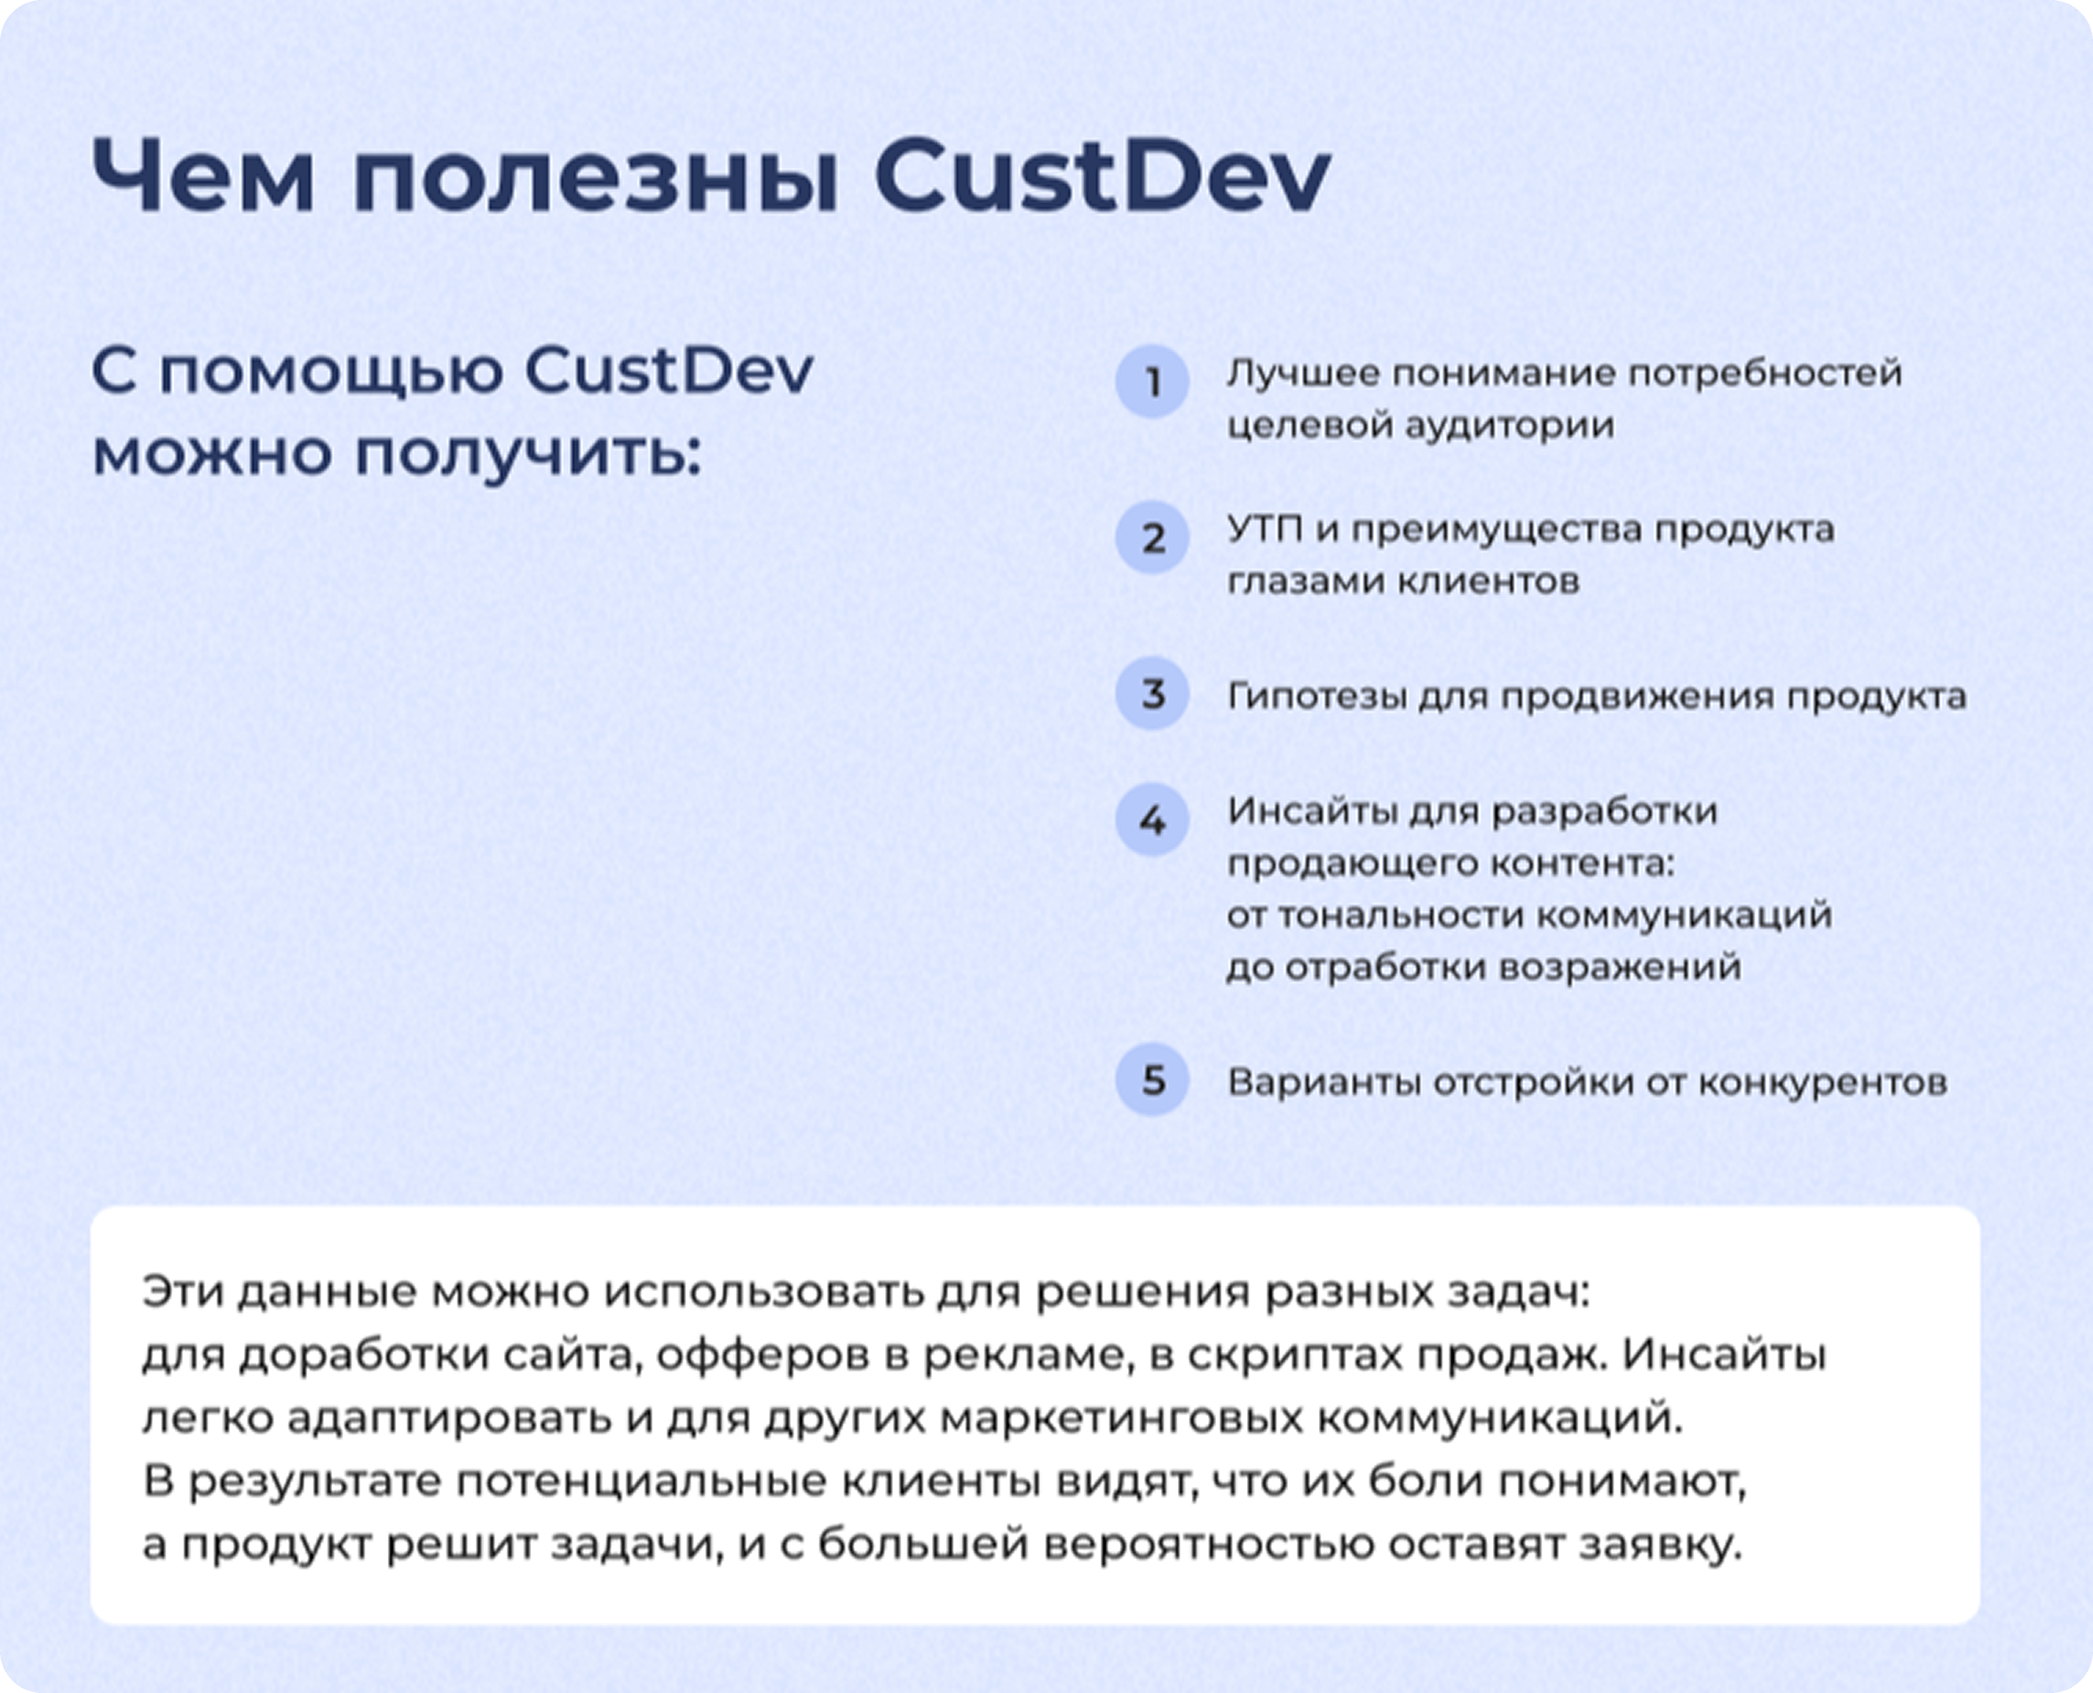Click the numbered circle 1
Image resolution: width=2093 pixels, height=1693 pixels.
coord(1152,382)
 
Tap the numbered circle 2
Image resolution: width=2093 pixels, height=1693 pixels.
coord(1152,538)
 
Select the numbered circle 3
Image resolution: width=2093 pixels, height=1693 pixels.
coord(1152,693)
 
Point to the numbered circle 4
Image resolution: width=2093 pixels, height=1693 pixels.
coord(1152,820)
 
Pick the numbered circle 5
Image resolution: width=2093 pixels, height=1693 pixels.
coord(1152,1080)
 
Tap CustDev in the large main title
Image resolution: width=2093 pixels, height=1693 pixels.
coord(1102,176)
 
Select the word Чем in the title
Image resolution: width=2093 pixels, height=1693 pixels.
coord(203,176)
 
